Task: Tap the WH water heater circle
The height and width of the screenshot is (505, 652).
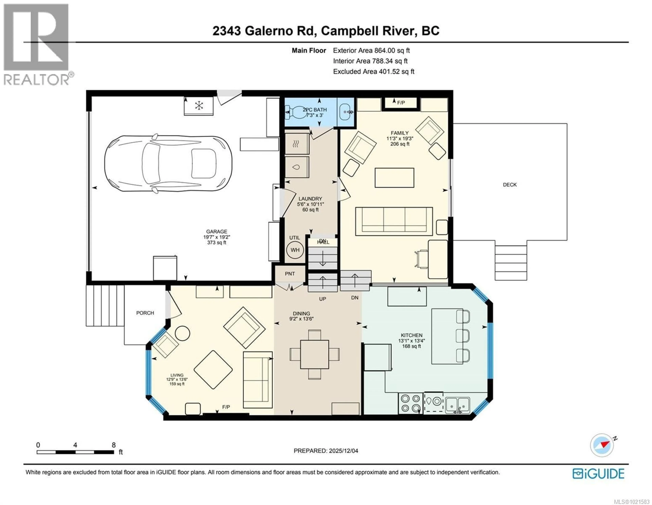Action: [295, 250]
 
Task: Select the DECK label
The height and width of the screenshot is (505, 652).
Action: [510, 185]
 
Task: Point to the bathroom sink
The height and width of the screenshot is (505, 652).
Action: [346, 112]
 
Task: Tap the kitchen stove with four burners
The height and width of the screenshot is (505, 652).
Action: [410, 403]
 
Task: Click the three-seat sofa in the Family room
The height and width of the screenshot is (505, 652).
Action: [394, 221]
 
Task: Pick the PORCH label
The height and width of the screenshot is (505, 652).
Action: [145, 313]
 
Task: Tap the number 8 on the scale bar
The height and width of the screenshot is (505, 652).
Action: [113, 445]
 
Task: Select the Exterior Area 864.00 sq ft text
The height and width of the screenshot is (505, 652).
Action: [371, 51]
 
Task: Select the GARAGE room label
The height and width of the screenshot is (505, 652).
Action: [216, 231]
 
